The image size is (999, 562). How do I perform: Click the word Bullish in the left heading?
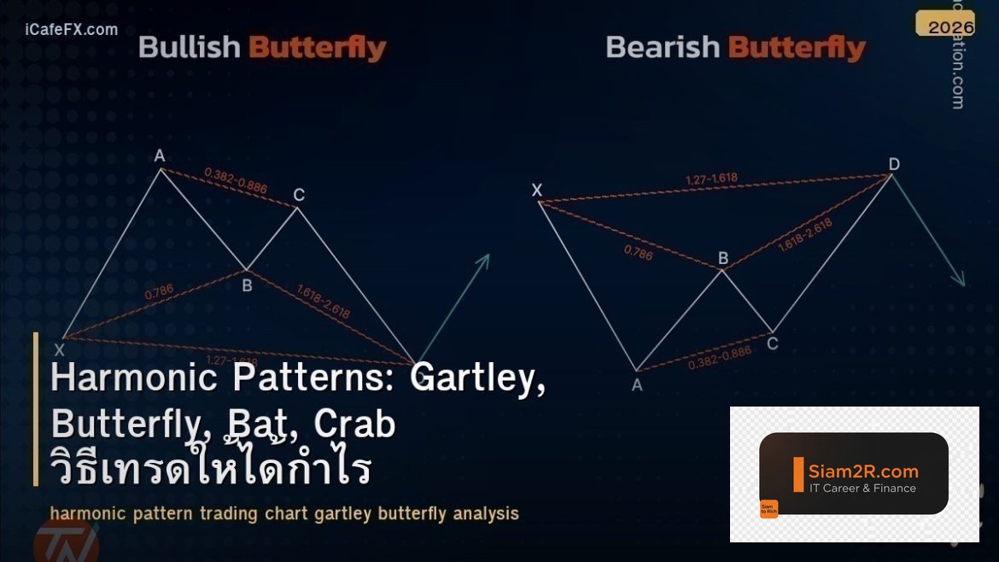(190, 48)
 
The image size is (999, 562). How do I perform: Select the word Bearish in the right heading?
(663, 48)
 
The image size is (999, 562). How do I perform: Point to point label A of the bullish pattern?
(159, 155)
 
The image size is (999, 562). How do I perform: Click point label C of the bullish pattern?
(299, 196)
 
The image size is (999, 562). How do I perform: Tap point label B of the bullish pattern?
(247, 285)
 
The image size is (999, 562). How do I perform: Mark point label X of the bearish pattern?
(537, 190)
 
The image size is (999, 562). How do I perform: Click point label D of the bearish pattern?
(894, 164)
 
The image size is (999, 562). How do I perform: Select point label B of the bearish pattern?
(722, 258)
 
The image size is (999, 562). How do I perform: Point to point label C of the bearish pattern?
(772, 343)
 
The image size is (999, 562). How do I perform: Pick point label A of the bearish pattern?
(637, 384)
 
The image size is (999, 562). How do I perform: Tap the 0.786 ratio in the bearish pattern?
(638, 253)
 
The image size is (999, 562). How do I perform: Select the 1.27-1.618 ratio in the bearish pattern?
(711, 179)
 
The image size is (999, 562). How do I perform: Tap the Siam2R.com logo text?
(863, 471)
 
